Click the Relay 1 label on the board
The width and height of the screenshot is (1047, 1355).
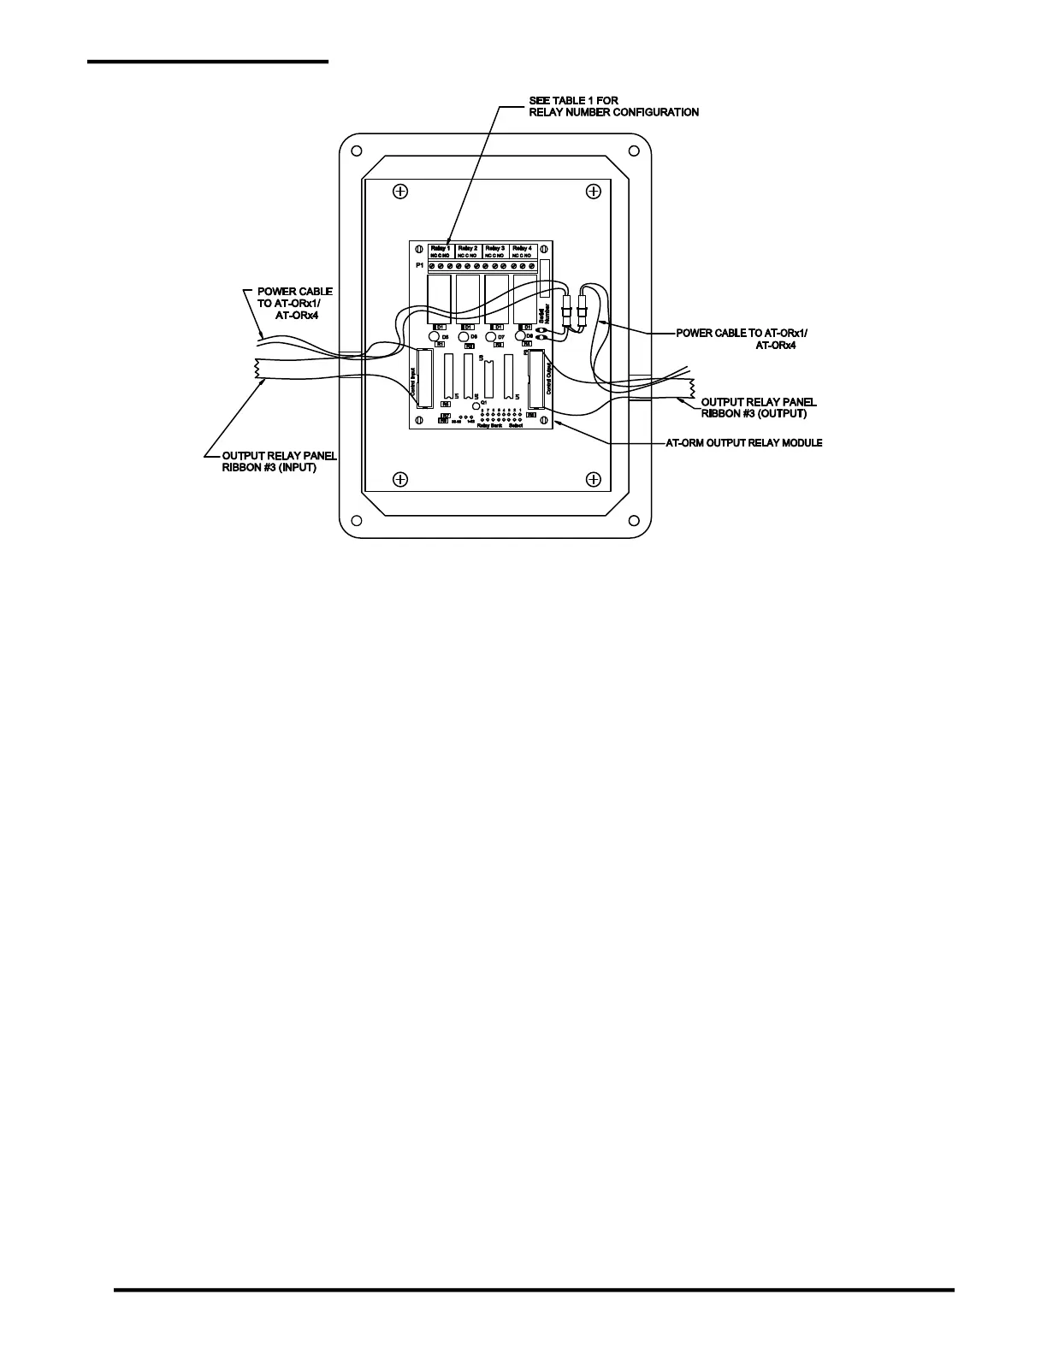(x=441, y=248)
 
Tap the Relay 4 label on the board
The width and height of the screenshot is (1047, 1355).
(x=523, y=248)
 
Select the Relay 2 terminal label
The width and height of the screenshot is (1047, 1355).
(x=468, y=248)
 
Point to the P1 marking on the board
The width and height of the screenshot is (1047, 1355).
(x=419, y=266)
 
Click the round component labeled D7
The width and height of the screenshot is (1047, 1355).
(x=491, y=337)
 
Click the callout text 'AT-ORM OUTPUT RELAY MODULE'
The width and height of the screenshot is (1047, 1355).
(x=744, y=443)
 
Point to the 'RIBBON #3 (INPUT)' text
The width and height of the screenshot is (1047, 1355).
(x=269, y=468)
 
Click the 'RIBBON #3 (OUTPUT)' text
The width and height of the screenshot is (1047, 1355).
(x=754, y=413)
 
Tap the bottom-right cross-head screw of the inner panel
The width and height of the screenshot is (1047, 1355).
(x=592, y=478)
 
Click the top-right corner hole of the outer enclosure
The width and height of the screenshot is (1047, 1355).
(x=634, y=151)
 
